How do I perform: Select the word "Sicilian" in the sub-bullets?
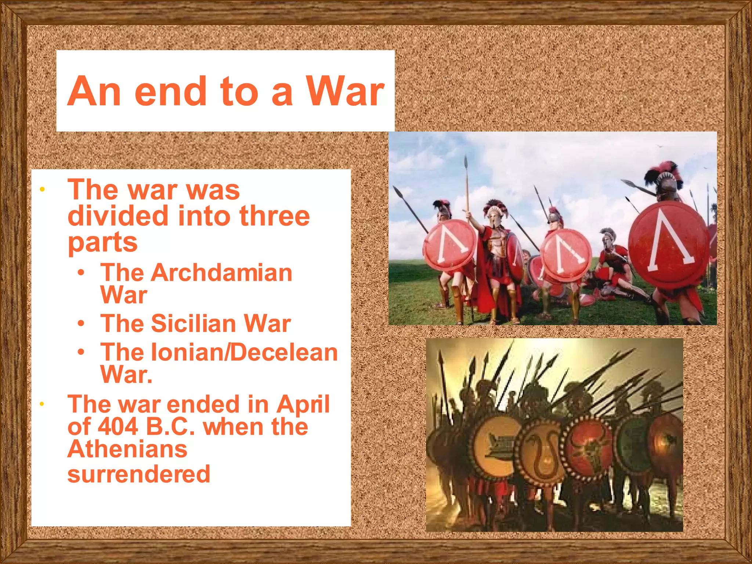[x=194, y=323]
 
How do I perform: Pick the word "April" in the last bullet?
[x=303, y=404]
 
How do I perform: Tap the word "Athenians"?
[x=127, y=449]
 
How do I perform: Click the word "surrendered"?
[x=139, y=474]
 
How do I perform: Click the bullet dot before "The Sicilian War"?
[x=81, y=323]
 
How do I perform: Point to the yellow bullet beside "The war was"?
[x=42, y=190]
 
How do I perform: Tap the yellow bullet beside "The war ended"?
[x=42, y=404]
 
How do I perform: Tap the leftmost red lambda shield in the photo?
[x=450, y=246]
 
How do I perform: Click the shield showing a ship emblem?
[x=496, y=446]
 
